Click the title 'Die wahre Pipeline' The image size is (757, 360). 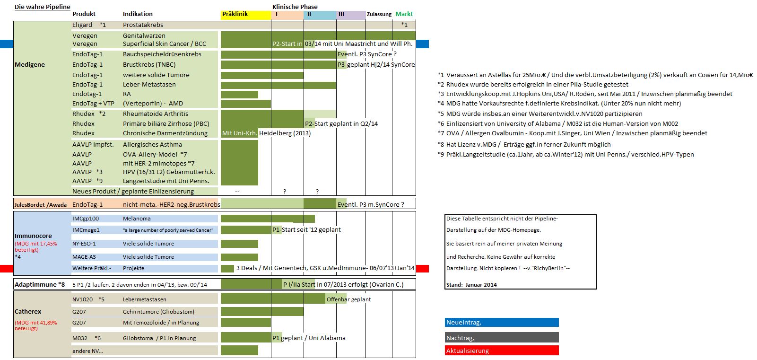(x=42, y=7)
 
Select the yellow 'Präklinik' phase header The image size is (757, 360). (x=245, y=14)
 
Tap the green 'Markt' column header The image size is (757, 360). (x=404, y=14)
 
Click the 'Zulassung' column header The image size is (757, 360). (x=379, y=14)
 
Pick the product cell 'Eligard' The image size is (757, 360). (x=82, y=25)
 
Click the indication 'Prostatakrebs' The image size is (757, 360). (x=143, y=25)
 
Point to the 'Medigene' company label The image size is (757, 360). (x=30, y=65)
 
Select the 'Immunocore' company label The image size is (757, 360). (x=33, y=236)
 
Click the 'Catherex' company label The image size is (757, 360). (x=28, y=312)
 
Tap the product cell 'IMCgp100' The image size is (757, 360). (x=86, y=219)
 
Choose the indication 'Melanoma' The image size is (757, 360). (x=137, y=219)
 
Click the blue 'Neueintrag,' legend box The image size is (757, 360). (x=501, y=323)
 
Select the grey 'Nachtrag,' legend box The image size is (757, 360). (x=501, y=338)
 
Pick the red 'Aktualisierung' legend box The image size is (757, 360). (x=501, y=351)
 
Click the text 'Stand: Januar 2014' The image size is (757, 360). (x=471, y=285)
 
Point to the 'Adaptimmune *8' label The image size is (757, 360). (x=40, y=285)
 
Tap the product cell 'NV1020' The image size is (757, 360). (x=83, y=299)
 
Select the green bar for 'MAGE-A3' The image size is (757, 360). (x=239, y=257)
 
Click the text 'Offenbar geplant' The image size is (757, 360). (x=348, y=299)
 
